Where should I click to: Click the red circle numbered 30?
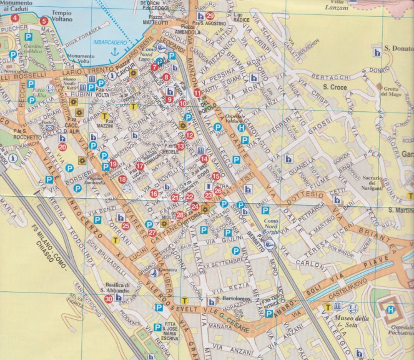point(109,299)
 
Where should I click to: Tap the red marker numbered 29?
point(210,16)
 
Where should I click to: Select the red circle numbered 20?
point(62,147)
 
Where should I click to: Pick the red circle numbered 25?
point(126,226)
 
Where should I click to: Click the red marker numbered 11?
point(197,94)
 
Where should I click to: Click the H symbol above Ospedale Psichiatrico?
point(392,310)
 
